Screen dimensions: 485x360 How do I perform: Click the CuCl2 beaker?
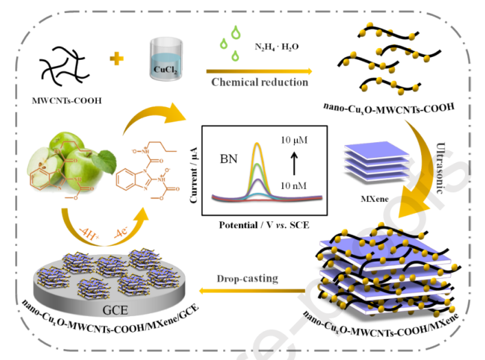166,59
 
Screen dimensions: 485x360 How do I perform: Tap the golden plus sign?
117,58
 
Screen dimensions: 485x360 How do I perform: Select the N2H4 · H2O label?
277,47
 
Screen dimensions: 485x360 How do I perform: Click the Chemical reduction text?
260,82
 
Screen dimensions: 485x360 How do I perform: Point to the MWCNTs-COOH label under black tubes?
67,100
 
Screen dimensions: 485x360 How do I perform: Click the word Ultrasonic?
440,168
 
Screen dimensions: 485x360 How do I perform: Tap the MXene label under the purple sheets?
374,199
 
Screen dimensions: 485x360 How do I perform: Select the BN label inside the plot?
229,159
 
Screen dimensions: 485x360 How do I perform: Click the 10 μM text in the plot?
294,140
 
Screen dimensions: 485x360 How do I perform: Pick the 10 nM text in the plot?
293,185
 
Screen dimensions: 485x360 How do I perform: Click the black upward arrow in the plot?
294,164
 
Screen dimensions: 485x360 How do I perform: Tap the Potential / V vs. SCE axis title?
264,225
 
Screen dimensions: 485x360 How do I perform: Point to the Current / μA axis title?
194,175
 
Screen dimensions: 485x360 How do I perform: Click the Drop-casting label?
247,279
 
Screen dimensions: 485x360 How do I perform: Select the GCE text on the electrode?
115,311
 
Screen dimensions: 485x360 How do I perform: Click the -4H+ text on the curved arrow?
89,234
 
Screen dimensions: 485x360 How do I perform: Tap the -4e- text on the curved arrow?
121,232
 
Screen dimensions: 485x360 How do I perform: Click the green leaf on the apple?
104,161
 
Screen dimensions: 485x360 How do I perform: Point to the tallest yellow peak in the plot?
257,143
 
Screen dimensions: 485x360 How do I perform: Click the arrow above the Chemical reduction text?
259,71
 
